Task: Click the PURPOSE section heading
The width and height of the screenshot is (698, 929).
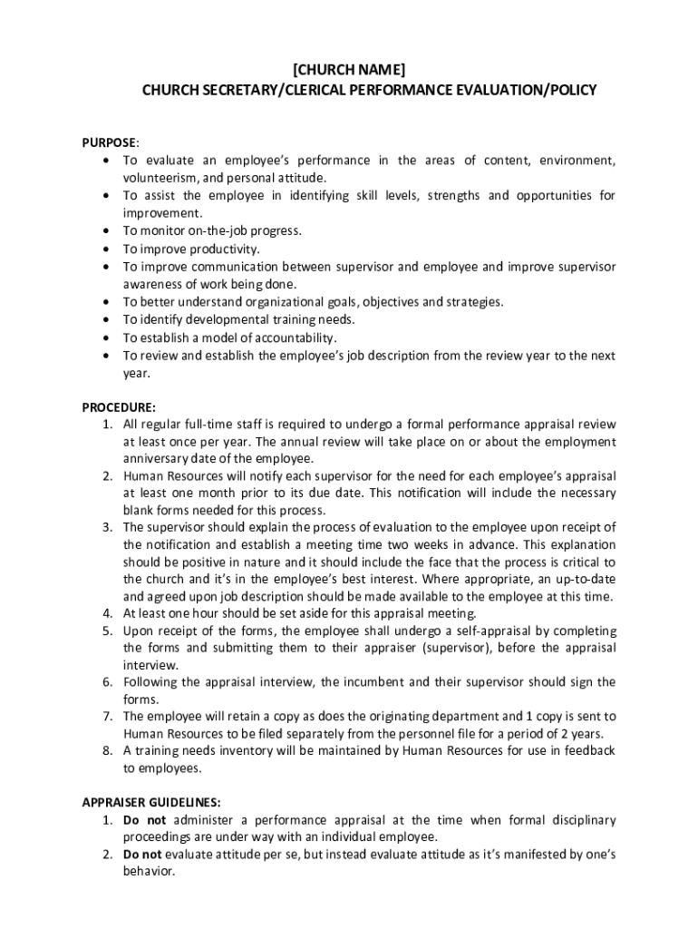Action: (x=110, y=142)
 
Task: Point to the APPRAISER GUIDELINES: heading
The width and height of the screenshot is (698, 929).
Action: (x=151, y=802)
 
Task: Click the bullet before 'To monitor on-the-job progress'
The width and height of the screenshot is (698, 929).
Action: (x=108, y=231)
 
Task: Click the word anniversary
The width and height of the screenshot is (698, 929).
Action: (x=157, y=459)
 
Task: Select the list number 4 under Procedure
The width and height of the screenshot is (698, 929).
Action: (x=106, y=613)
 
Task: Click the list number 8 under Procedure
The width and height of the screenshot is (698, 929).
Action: (x=106, y=750)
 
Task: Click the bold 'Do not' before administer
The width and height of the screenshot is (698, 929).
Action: (x=144, y=819)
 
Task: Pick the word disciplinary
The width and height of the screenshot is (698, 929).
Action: (x=582, y=819)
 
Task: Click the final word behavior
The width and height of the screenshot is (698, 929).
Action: (x=149, y=871)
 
